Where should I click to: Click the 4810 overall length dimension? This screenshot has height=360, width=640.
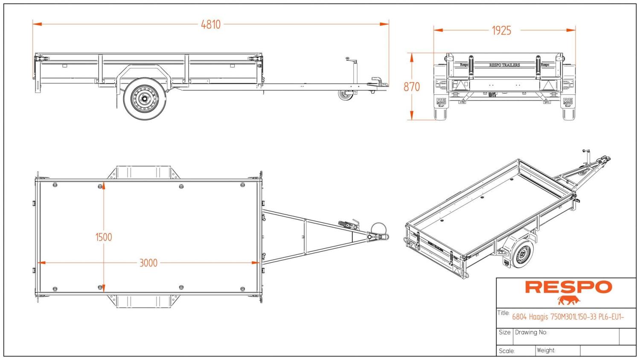[211, 25]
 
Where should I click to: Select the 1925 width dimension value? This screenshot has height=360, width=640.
[501, 31]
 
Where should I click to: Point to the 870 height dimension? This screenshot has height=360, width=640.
[412, 87]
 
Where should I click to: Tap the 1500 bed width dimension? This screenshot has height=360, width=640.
[104, 237]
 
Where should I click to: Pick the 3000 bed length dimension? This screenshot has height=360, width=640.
[148, 263]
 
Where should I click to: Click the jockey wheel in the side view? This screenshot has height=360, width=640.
[346, 95]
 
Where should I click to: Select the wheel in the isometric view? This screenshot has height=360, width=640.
[522, 254]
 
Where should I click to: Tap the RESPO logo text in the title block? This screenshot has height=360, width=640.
[568, 287]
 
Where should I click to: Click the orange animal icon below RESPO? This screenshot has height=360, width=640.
[569, 300]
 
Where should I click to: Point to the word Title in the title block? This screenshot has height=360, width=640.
[503, 313]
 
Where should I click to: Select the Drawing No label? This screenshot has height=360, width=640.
[531, 332]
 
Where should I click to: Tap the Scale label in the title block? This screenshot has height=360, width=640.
[506, 351]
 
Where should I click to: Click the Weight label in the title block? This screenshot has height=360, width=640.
[546, 350]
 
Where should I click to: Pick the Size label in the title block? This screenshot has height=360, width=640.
[504, 332]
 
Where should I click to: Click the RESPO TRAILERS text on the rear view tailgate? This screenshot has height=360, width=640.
[504, 65]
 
